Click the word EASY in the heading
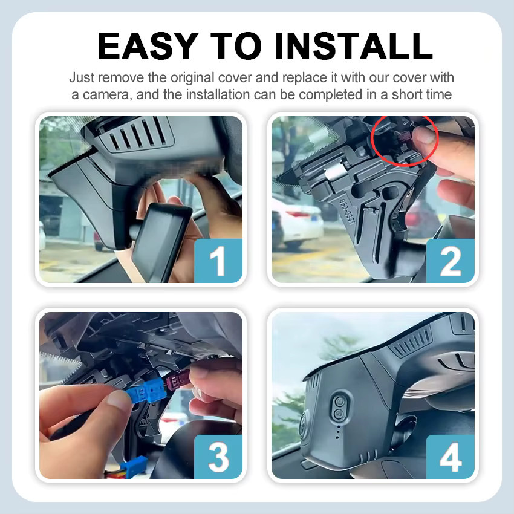[x=148, y=46]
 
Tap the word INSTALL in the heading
[x=353, y=46]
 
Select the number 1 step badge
[x=218, y=261]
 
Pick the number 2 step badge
[x=451, y=261]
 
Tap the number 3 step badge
[x=218, y=457]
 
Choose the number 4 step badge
[x=451, y=457]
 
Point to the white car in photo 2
[x=297, y=221]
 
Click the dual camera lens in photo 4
[x=339, y=408]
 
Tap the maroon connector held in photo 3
[x=177, y=381]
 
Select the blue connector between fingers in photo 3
[x=148, y=390]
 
